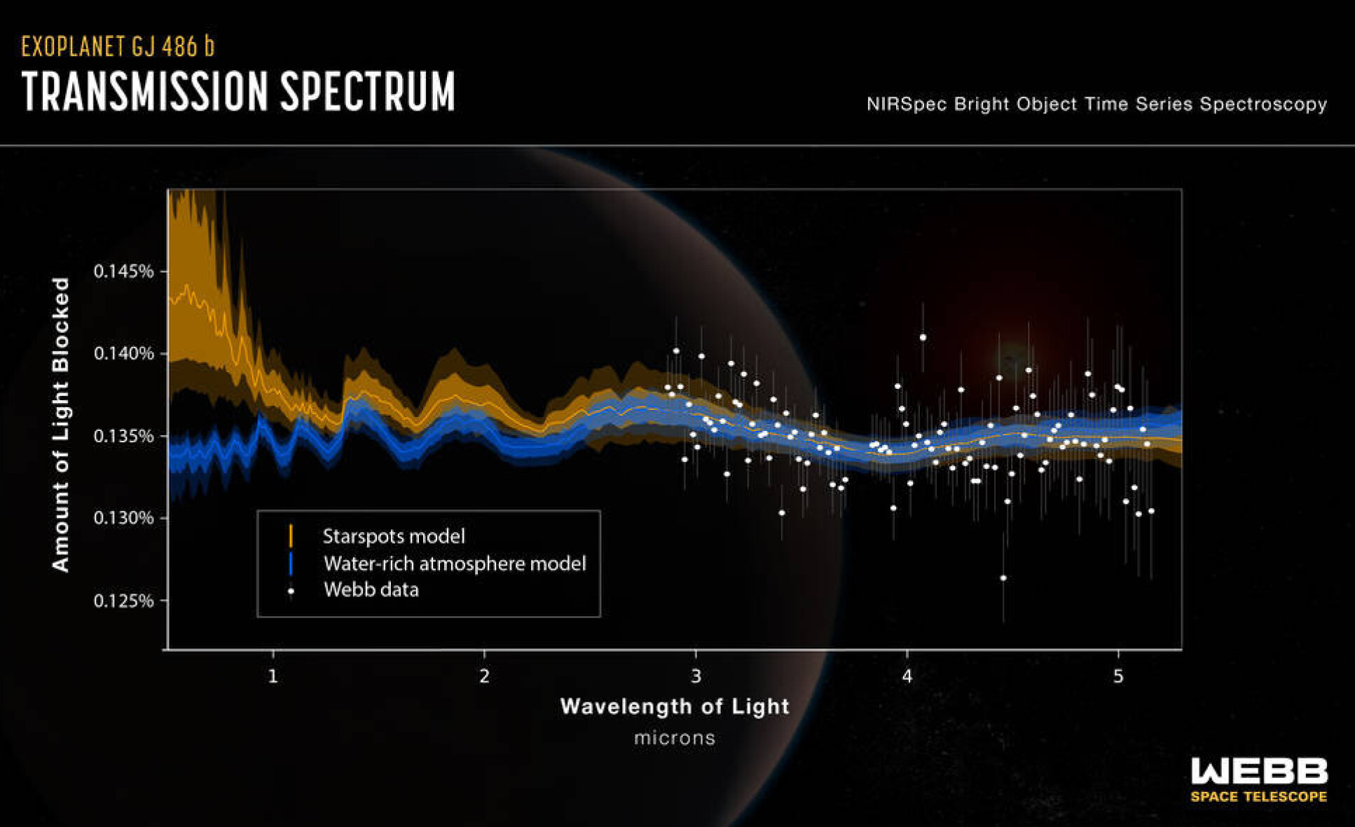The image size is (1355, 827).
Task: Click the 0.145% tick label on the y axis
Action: coord(123,271)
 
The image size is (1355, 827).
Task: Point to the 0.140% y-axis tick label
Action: coord(123,353)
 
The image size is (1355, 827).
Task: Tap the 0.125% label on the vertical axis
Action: coord(123,601)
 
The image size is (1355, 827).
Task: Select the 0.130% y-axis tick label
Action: coord(123,518)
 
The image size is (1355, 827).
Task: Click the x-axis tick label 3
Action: coord(696,676)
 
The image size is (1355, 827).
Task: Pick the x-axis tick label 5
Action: coord(1118,676)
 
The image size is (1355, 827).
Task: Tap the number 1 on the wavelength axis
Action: coord(273,676)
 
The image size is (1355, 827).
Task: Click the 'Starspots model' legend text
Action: coord(394,536)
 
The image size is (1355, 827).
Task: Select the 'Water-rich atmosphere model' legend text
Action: coord(454,563)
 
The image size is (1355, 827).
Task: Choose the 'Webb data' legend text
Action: coord(371,590)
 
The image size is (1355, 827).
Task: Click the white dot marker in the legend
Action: coord(291,591)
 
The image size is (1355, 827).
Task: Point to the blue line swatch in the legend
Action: coord(291,563)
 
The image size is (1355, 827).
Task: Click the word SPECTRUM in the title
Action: coord(368,92)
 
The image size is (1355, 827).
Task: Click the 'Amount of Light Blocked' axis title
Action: coord(62,424)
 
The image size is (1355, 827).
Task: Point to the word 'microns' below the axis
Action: coord(675,738)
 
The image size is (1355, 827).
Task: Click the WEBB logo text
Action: coord(1259,771)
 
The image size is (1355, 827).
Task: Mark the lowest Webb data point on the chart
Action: coord(1003,578)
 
